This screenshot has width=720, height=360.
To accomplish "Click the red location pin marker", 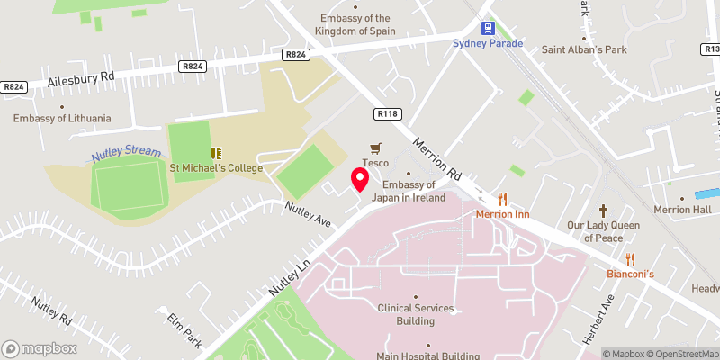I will (x=359, y=178).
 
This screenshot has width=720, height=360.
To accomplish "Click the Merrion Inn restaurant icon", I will (x=503, y=199).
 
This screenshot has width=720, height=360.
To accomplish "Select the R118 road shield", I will (x=387, y=113).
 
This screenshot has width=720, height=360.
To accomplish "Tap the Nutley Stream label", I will (x=126, y=154).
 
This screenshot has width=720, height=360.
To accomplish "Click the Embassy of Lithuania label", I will (x=62, y=118).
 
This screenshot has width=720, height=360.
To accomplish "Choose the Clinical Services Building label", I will (x=416, y=314).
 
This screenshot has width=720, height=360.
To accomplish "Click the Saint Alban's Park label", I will (x=584, y=49).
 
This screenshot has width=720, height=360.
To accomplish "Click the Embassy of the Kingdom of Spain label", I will (x=358, y=24).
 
